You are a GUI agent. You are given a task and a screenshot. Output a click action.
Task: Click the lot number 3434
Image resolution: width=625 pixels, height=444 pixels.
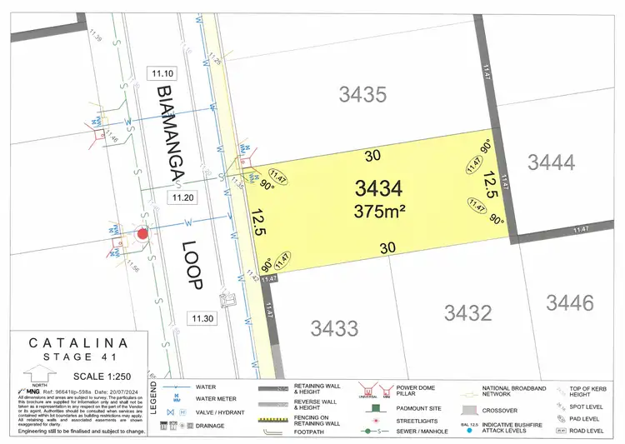click(378, 187)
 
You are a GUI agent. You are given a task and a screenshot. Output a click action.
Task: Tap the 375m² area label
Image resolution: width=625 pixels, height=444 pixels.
click(379, 212)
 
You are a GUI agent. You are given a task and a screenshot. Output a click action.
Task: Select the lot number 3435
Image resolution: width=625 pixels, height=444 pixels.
click(362, 94)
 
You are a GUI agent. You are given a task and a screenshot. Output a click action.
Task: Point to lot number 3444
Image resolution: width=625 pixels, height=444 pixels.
click(551, 162)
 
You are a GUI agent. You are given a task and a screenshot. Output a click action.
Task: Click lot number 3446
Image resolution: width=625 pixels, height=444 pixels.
click(570, 301)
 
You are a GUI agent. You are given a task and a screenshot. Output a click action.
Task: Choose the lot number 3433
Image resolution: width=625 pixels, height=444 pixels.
click(334, 327)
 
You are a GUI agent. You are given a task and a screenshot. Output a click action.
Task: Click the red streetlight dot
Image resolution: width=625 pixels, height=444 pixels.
click(142, 234)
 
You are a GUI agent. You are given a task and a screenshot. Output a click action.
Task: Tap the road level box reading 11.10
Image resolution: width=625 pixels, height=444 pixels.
click(158, 73)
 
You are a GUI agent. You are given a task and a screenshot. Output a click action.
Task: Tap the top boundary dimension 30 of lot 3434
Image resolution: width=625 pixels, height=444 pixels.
click(372, 154)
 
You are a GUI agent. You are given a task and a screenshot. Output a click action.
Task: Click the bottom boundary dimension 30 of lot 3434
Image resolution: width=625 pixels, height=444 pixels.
click(387, 247)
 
